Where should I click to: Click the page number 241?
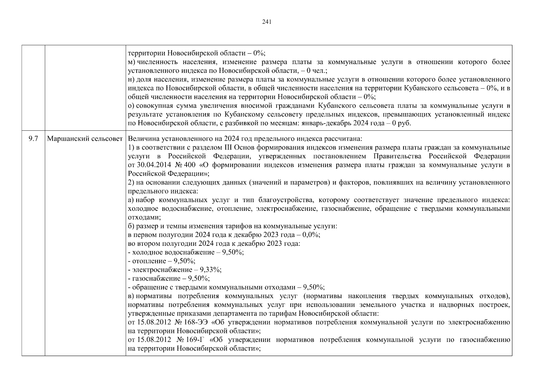[267, 22]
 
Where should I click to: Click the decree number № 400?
[186, 165]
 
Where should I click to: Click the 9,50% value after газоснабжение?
[199, 279]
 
